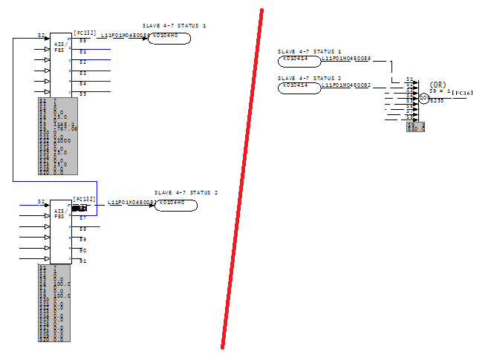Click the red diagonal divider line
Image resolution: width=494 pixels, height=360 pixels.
[242, 178]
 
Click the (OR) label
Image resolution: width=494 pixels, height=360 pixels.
[438, 85]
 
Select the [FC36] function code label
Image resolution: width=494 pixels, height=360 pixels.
[462, 93]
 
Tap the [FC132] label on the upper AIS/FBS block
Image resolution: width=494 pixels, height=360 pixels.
[85, 33]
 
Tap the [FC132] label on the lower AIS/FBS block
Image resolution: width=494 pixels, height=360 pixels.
[85, 199]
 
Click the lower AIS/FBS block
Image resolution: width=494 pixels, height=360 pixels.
[61, 232]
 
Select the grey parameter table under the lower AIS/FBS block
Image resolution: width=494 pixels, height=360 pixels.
[55, 302]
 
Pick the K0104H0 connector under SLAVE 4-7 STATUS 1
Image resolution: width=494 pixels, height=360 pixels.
[169, 38]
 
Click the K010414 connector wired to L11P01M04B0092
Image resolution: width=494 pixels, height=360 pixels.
[299, 86]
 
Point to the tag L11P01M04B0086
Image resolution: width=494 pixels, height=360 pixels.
[346, 58]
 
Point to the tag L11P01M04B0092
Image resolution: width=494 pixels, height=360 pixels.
[346, 85]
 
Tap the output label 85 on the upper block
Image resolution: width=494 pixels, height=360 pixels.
[83, 94]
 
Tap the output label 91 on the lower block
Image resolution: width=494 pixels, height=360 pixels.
[83, 261]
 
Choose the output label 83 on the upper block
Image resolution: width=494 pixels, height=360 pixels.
[83, 73]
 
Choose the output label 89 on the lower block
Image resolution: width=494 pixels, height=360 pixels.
[83, 240]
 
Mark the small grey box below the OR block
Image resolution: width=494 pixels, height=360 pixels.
[415, 127]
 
